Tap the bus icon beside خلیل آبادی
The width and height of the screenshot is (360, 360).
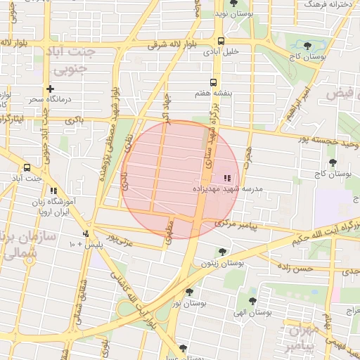pos(221,40)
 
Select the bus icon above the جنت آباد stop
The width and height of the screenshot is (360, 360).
pos(27,167)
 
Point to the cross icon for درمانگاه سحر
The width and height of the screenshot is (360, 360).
pos(50,89)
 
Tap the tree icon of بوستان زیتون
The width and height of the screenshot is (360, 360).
pos(223,252)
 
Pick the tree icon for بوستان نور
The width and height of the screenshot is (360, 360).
pos(189,292)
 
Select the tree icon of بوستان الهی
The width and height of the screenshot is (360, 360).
pos(252,301)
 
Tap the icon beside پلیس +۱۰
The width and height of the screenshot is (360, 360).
pos(86,233)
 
